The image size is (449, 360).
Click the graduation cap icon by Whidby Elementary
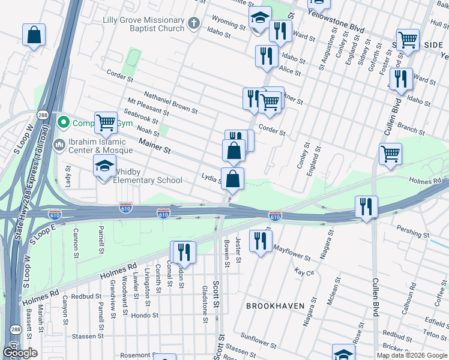pyautogui.click(x=104, y=166)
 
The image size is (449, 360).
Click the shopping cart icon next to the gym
pyautogui.click(x=106, y=122)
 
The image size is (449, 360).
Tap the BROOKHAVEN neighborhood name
pyautogui.click(x=275, y=306)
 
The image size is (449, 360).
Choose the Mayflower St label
pyautogui.click(x=291, y=252)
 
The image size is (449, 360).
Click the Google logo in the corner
pyautogui.click(x=20, y=353)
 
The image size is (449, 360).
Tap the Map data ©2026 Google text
pyautogui.click(x=412, y=355)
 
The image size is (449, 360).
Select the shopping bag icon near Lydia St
pyautogui.click(x=232, y=178)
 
